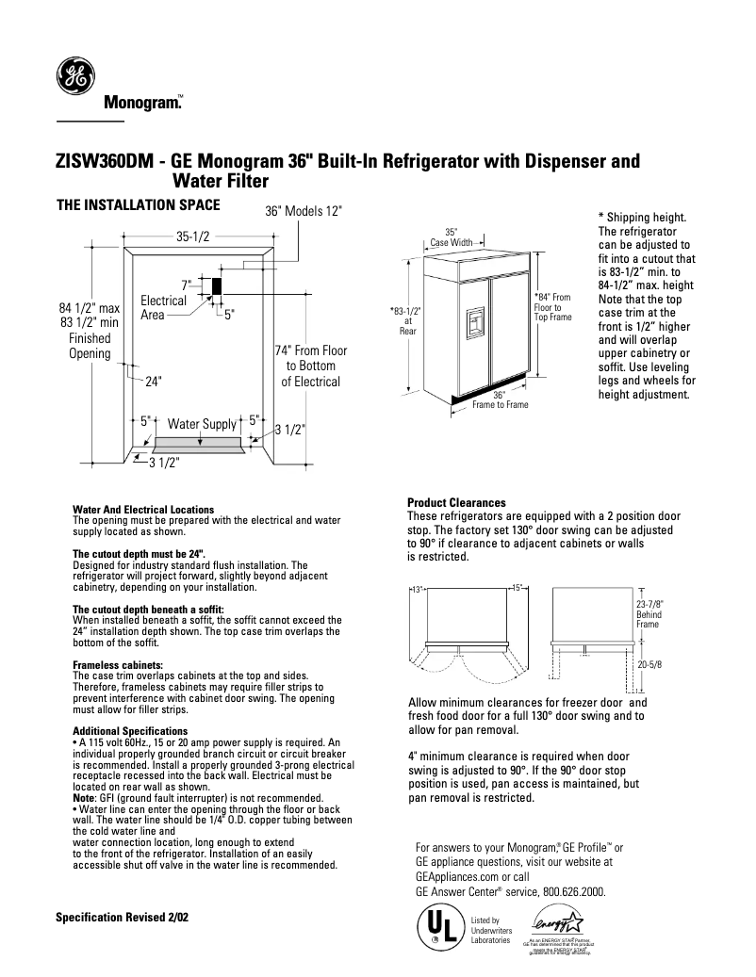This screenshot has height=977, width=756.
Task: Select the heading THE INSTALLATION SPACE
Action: click(x=139, y=204)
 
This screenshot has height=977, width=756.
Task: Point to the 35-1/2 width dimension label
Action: click(x=191, y=237)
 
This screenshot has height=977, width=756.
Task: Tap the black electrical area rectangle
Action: click(x=216, y=286)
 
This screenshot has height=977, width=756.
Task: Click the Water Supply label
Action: click(x=201, y=424)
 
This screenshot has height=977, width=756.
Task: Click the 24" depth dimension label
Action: click(x=154, y=382)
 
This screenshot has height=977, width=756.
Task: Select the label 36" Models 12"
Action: click(x=304, y=213)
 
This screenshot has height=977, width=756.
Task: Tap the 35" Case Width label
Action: click(x=452, y=236)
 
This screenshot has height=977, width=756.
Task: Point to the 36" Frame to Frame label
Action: click(x=500, y=399)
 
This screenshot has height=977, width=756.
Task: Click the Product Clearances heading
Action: click(x=456, y=503)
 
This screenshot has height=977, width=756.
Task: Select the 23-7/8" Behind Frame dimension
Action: click(x=649, y=613)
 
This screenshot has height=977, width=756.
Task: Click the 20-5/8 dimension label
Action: click(x=650, y=664)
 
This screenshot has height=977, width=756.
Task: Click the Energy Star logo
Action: click(x=559, y=924)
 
